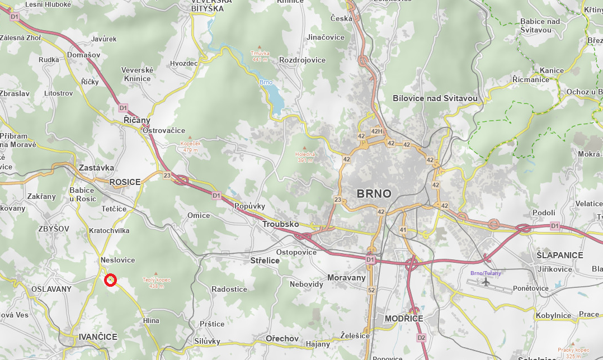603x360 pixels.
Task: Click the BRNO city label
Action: click(374, 194)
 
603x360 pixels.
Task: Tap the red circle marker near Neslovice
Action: click(110, 280)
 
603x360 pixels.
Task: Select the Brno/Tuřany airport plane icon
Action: click(486, 281)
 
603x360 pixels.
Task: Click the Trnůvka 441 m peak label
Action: click(260, 56)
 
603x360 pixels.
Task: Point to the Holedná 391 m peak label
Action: click(305, 157)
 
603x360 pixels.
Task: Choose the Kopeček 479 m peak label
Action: click(190, 146)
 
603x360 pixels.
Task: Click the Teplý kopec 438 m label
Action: click(156, 282)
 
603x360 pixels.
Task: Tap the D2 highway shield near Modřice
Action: click(421, 338)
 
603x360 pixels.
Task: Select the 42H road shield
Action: click(376, 132)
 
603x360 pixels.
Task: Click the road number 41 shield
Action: click(403, 230)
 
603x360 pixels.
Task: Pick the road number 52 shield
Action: click(371, 290)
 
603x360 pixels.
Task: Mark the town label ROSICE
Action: click(125, 182)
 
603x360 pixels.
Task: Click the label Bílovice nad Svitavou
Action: click(435, 98)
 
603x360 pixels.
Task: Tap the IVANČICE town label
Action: click(98, 337)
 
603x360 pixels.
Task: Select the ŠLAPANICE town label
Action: click(559, 255)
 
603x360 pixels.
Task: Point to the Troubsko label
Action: click(280, 224)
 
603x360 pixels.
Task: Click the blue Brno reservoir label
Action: click(266, 82)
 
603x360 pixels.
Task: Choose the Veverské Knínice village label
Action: click(137, 74)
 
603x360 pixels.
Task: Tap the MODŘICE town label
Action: click(404, 318)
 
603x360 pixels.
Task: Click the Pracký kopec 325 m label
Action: click(573, 352)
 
